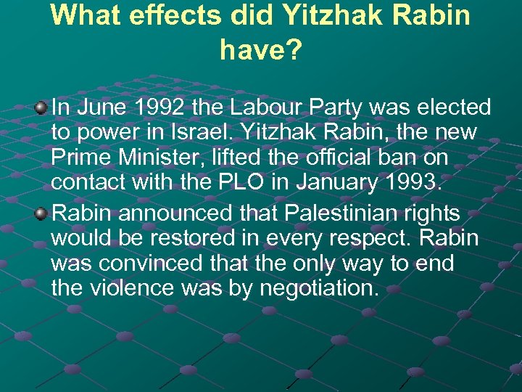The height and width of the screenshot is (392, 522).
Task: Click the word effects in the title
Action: click(x=174, y=15)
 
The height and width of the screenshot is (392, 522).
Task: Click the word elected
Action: click(x=449, y=108)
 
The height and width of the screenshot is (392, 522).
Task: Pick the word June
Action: click(x=96, y=108)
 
